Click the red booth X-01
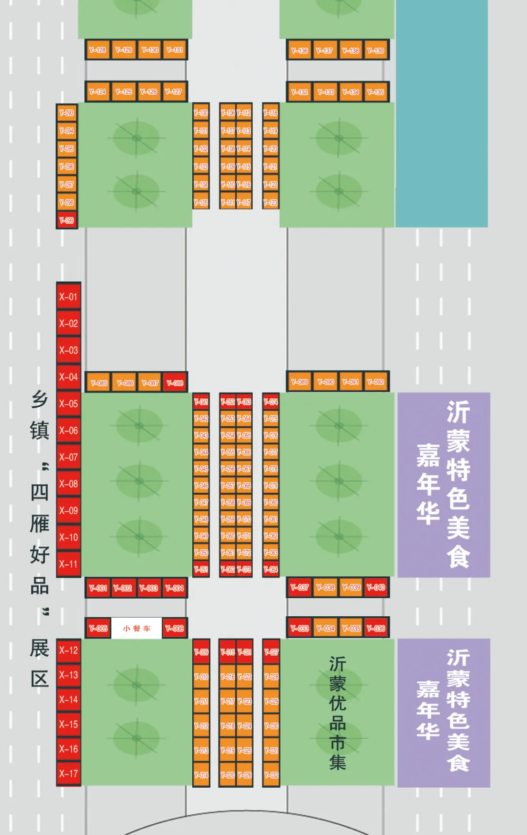(68, 296)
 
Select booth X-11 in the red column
(68, 564)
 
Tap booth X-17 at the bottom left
(68, 773)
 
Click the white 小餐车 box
(137, 628)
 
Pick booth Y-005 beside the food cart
(98, 628)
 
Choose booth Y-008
(174, 628)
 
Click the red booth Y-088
(175, 383)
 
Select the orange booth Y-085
(99, 383)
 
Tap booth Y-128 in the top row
(98, 50)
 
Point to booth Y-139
(376, 50)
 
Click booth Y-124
(98, 91)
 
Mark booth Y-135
(376, 92)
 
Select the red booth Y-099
(67, 220)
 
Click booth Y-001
(98, 588)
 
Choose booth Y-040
(376, 587)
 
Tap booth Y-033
(300, 628)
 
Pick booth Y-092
(376, 382)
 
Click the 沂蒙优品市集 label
(338, 713)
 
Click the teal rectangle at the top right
(442, 112)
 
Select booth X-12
(68, 650)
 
